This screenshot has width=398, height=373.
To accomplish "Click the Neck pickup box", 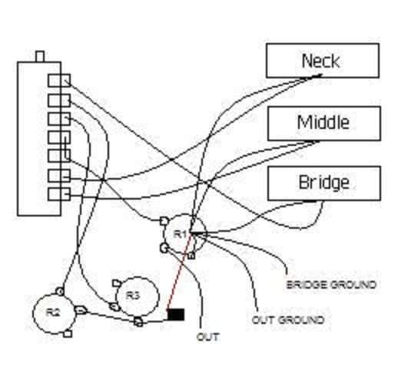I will click(x=322, y=60).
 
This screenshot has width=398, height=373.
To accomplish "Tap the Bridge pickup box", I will click(x=323, y=183).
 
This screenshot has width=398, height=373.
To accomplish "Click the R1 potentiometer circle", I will click(x=183, y=233).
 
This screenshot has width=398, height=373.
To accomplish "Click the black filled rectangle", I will click(x=176, y=314).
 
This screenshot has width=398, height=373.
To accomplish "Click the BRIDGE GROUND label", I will click(x=331, y=285).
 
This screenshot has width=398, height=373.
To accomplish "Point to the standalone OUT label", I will click(x=208, y=337).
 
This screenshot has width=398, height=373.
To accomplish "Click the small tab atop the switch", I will click(x=39, y=55).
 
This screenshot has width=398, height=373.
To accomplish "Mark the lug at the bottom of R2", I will click(x=68, y=333).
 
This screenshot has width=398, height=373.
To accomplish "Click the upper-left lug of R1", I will click(x=164, y=221).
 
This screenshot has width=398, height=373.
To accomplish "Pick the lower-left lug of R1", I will click(x=164, y=248).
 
